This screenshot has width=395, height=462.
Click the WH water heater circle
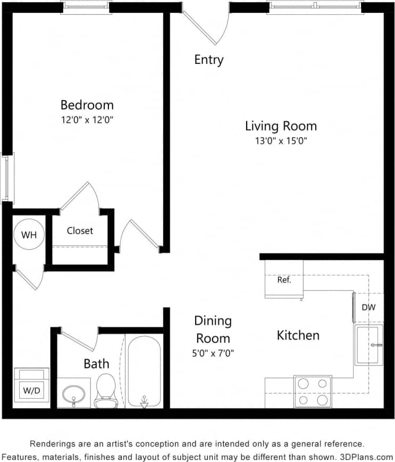pyautogui.click(x=29, y=235)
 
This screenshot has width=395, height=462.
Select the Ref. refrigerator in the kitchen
pyautogui.click(x=284, y=279)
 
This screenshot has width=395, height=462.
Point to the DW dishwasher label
pyautogui.click(x=369, y=307)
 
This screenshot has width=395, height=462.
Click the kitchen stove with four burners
pyautogui.click(x=313, y=391)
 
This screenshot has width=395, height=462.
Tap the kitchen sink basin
pyautogui.click(x=368, y=345)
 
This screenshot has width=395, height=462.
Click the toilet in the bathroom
pyautogui.click(x=106, y=390)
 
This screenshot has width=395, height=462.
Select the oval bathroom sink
pyautogui.click(x=73, y=394)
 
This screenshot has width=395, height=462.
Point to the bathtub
pyautogui.click(x=144, y=370)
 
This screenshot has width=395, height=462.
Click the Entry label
pyautogui.click(x=209, y=60)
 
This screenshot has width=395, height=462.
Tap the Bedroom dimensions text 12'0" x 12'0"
pyautogui.click(x=87, y=120)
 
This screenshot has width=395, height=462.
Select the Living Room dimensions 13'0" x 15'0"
pyautogui.click(x=281, y=141)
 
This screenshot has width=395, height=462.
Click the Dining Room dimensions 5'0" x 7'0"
pyautogui.click(x=213, y=352)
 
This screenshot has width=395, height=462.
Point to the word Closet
pyautogui.click(x=80, y=230)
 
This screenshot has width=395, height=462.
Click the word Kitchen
pyautogui.click(x=298, y=335)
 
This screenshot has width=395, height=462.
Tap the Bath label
pyautogui.click(x=96, y=364)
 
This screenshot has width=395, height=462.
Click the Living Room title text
pyautogui.click(x=281, y=126)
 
